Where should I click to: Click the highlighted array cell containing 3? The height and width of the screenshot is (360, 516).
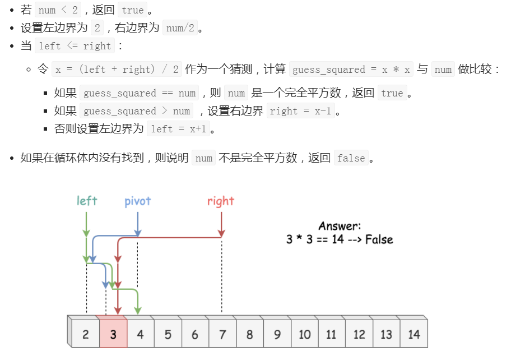(x=113, y=335)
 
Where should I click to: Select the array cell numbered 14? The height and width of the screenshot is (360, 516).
(x=413, y=335)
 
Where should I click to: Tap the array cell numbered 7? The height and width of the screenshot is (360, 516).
(x=222, y=335)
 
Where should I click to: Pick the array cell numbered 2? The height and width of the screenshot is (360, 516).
(x=85, y=335)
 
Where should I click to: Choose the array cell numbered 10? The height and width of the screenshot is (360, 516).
(x=304, y=335)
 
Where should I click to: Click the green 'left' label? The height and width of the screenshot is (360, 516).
(x=87, y=201)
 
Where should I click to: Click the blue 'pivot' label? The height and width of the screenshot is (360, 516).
(x=138, y=201)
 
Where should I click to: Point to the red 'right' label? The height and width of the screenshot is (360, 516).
(x=221, y=201)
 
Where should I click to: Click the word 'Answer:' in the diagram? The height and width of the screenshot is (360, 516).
(x=340, y=226)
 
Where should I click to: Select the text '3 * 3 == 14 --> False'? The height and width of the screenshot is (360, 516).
(x=340, y=240)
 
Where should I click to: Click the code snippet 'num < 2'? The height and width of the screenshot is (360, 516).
(x=58, y=10)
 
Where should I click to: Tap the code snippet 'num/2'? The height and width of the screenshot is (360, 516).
(x=180, y=28)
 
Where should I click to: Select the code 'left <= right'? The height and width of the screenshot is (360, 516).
(x=75, y=46)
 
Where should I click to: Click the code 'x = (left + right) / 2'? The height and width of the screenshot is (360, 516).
(x=117, y=70)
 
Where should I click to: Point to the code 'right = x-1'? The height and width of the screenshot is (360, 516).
(x=301, y=111)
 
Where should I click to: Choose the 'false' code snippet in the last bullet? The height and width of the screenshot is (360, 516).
(x=351, y=158)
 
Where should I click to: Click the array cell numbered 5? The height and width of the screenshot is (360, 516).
(x=168, y=335)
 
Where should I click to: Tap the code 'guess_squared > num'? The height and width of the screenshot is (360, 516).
(x=137, y=111)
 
